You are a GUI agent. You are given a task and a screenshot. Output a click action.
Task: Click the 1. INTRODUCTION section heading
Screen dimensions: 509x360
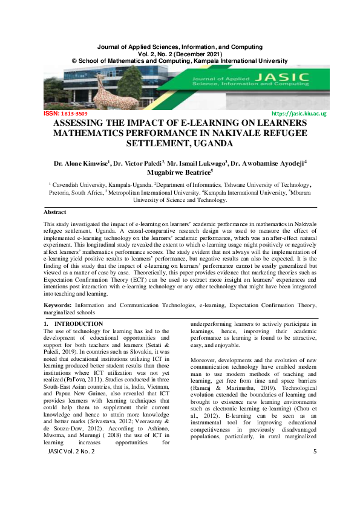pos(73,324)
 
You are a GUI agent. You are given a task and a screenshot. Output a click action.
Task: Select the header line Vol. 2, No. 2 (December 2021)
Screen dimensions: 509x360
pos(180,54)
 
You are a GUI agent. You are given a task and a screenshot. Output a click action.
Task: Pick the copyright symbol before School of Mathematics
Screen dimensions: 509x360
pos(74,61)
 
